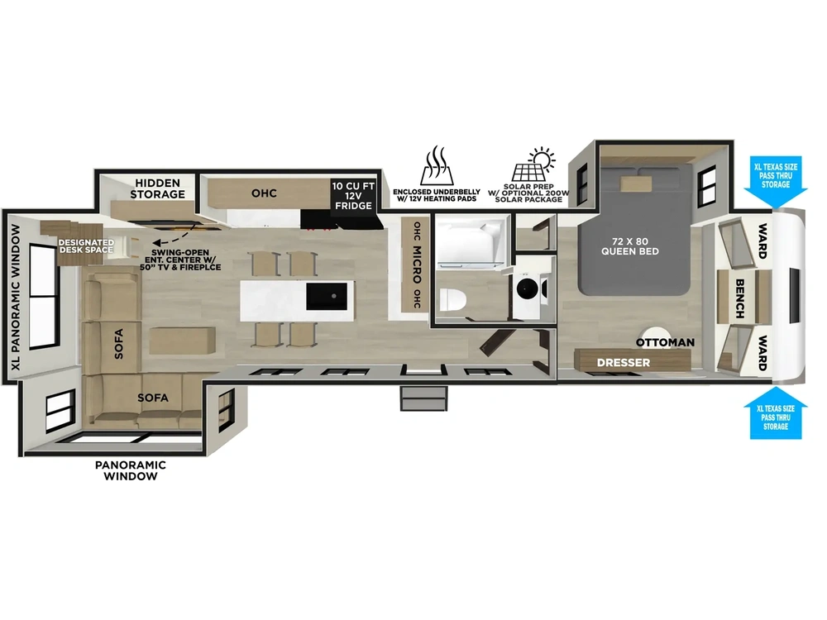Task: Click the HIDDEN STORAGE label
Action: click(x=158, y=188)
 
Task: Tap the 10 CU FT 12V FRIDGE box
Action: click(x=353, y=196)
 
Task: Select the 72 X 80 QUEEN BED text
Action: click(x=629, y=246)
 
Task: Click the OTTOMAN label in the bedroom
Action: click(x=665, y=342)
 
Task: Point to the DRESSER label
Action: click(x=624, y=363)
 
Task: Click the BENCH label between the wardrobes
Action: click(x=739, y=298)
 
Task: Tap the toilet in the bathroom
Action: click(x=452, y=300)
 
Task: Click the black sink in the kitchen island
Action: click(x=327, y=296)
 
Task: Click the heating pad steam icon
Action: click(x=437, y=165)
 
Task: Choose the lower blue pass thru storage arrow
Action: click(x=776, y=413)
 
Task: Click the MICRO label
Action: click(x=417, y=264)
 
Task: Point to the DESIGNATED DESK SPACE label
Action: click(x=86, y=246)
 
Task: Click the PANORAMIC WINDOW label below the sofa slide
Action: click(x=131, y=470)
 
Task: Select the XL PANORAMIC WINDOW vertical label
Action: click(x=16, y=297)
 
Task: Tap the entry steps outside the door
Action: click(x=424, y=398)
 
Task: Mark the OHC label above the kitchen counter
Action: click(x=265, y=193)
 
